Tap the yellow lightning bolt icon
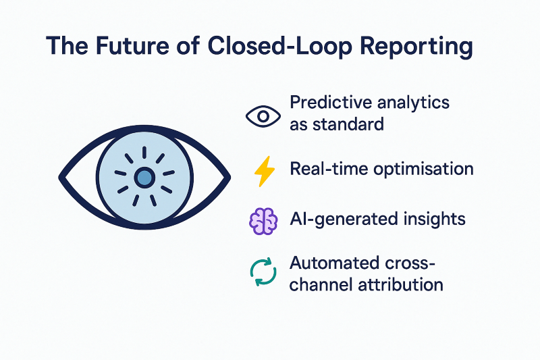262,172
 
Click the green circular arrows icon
262,272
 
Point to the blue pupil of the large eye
144,178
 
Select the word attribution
406,284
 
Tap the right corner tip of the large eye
230,178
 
